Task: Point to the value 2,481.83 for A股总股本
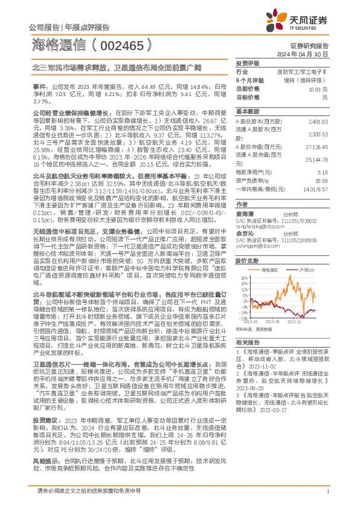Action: click(x=318, y=122)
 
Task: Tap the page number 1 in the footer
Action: click(x=327, y=499)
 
